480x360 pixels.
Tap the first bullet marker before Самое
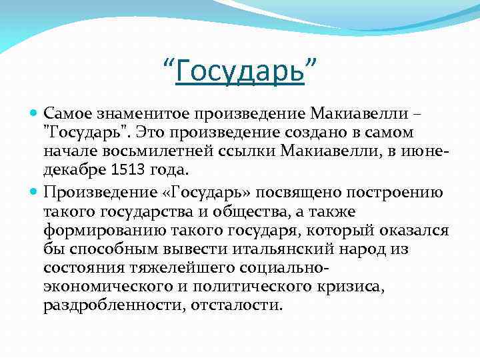click(34, 115)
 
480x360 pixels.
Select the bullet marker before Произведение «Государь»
click(34, 193)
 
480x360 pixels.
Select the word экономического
click(105, 286)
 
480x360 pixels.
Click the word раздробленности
click(113, 305)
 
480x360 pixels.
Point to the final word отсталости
click(237, 305)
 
